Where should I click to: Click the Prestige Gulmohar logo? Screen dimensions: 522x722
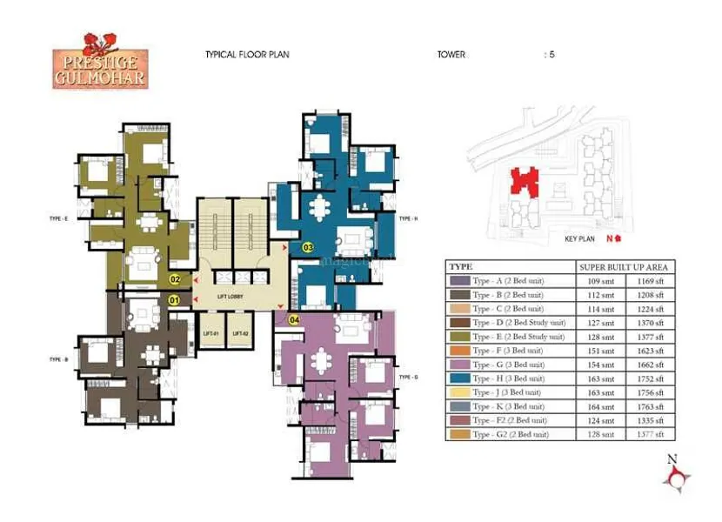click(100, 61)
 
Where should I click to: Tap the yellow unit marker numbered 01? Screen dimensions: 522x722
click(174, 301)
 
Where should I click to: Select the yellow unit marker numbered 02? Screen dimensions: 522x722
click(175, 279)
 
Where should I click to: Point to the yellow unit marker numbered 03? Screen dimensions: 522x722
click(307, 247)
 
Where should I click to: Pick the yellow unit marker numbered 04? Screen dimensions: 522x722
click(293, 320)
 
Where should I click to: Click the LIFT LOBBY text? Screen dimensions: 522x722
click(231, 298)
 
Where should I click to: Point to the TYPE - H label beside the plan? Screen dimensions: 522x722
click(409, 218)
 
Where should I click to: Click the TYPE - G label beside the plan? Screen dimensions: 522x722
click(409, 378)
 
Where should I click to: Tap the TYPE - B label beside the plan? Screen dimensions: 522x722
click(59, 358)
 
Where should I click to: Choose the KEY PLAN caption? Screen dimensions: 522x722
click(578, 238)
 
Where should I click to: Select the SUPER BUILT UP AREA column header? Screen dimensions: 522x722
click(624, 267)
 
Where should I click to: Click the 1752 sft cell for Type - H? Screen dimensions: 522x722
click(649, 378)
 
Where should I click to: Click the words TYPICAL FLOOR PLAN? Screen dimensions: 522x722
click(247, 55)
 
